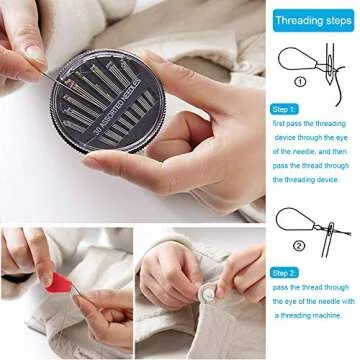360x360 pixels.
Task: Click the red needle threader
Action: (62, 284)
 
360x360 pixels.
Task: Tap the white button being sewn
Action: (204, 295)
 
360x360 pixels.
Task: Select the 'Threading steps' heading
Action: (312, 20)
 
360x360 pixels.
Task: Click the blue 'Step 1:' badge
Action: (284, 107)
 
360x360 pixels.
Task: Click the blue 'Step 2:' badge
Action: (284, 271)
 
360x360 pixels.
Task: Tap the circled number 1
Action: (298, 85)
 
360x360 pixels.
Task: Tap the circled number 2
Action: (298, 245)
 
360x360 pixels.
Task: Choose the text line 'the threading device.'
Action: (309, 180)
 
